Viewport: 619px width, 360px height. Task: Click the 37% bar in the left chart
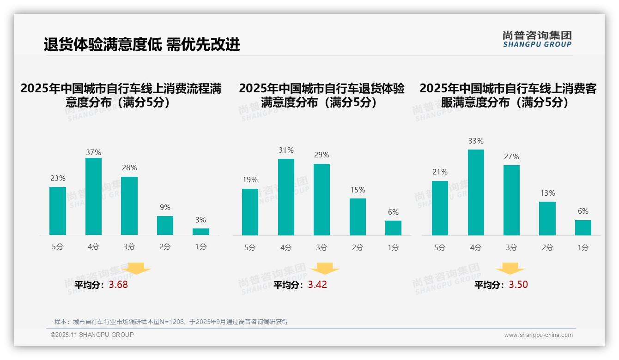click(x=93, y=196)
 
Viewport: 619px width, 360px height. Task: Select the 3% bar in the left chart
click(x=201, y=232)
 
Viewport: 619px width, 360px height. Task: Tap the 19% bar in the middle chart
click(x=250, y=212)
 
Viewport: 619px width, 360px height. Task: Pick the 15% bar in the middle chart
click(x=358, y=217)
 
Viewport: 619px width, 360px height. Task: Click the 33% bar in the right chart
click(x=476, y=192)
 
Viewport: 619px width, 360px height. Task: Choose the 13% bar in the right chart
click(x=547, y=218)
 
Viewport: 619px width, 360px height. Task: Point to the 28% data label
click(x=129, y=168)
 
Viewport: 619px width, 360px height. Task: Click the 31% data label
click(x=286, y=150)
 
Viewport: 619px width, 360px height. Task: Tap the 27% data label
click(x=511, y=156)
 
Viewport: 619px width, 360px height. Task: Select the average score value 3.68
click(x=118, y=285)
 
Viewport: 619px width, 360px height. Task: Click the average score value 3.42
click(x=317, y=284)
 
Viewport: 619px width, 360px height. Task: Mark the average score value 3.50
click(x=518, y=284)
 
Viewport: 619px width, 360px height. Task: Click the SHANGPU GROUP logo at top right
click(x=537, y=39)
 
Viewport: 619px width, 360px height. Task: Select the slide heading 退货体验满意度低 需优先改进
click(x=142, y=45)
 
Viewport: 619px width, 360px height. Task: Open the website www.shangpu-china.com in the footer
click(x=538, y=335)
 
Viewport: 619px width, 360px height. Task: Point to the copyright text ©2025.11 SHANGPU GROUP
click(x=92, y=335)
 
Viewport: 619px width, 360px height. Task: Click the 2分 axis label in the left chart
click(x=165, y=247)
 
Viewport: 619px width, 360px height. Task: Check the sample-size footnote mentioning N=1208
click(x=171, y=322)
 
